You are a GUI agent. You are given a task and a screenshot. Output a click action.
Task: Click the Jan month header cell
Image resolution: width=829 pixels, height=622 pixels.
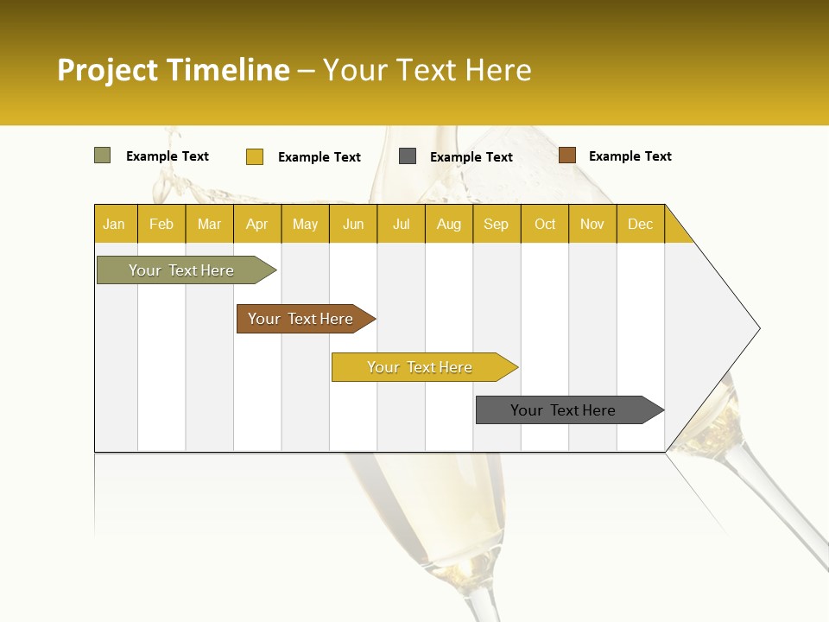pos(115,224)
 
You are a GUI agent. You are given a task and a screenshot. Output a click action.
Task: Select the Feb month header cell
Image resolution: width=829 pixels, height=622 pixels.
pos(161,224)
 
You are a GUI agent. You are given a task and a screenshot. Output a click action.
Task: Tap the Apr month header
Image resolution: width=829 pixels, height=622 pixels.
pos(257,224)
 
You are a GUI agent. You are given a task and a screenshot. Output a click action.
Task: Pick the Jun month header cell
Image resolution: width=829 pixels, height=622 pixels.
pos(353,224)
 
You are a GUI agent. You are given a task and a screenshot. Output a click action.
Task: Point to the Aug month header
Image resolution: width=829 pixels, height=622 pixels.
pos(449,224)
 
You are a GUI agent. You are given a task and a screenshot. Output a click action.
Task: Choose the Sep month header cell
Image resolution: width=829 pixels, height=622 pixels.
pos(497,224)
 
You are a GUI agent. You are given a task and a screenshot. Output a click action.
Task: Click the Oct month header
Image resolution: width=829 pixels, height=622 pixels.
pos(545,224)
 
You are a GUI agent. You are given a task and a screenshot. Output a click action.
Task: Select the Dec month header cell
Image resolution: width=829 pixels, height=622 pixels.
pos(641,224)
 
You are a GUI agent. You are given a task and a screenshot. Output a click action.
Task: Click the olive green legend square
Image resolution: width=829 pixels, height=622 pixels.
pos(103,155)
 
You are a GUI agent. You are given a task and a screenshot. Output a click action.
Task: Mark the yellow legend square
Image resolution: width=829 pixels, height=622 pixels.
pos(255,156)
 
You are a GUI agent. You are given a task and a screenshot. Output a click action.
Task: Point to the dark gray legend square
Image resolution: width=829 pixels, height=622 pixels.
pos(408,156)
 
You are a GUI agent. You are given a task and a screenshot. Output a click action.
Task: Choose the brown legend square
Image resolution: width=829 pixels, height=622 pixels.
pos(566,155)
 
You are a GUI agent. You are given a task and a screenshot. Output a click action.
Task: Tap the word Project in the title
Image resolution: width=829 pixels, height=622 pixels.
pos(108,70)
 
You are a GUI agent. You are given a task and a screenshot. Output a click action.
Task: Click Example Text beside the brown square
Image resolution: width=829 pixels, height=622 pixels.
pos(630,156)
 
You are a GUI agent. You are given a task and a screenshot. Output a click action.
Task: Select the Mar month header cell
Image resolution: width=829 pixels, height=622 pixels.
pos(209,224)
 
